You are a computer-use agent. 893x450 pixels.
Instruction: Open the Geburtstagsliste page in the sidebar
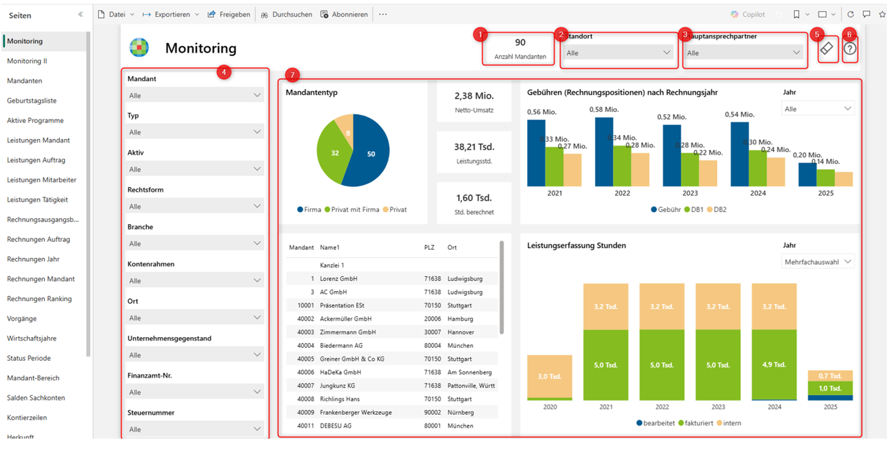click(32, 100)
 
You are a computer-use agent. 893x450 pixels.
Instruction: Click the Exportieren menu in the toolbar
click(172, 14)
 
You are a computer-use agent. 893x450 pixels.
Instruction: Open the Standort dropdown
click(617, 53)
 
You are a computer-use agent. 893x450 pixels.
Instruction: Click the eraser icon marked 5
click(827, 49)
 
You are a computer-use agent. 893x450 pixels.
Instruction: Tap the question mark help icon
click(850, 49)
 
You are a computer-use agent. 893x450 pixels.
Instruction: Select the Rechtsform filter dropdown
click(194, 206)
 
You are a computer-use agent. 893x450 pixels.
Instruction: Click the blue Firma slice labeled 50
click(371, 154)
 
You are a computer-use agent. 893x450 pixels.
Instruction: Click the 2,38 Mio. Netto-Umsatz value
click(474, 96)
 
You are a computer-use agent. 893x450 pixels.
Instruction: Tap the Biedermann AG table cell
click(341, 345)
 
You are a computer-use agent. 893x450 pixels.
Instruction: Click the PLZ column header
click(429, 247)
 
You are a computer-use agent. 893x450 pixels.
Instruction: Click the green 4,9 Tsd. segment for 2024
click(773, 365)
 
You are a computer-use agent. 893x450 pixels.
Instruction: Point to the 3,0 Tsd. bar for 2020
click(549, 376)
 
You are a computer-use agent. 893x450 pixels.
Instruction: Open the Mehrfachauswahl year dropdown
click(817, 262)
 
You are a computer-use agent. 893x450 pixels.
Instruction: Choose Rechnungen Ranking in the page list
click(39, 299)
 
